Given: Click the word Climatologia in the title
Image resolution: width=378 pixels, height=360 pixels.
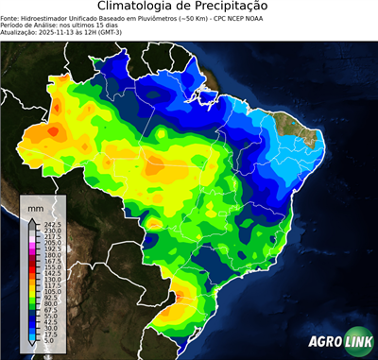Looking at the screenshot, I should tap(137, 7).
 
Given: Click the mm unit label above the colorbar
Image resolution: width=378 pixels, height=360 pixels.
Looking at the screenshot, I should tap(35, 206).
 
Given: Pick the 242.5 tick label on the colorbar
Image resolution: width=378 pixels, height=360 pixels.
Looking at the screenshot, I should tap(51, 224).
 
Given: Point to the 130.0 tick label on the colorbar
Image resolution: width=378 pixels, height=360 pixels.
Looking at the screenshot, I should tap(51, 280).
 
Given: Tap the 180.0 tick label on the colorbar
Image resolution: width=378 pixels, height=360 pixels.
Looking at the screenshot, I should tap(51, 255).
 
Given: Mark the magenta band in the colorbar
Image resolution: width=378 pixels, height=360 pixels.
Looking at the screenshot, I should tap(32, 247).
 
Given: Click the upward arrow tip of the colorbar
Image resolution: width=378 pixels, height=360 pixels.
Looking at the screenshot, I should tap(32, 219).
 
